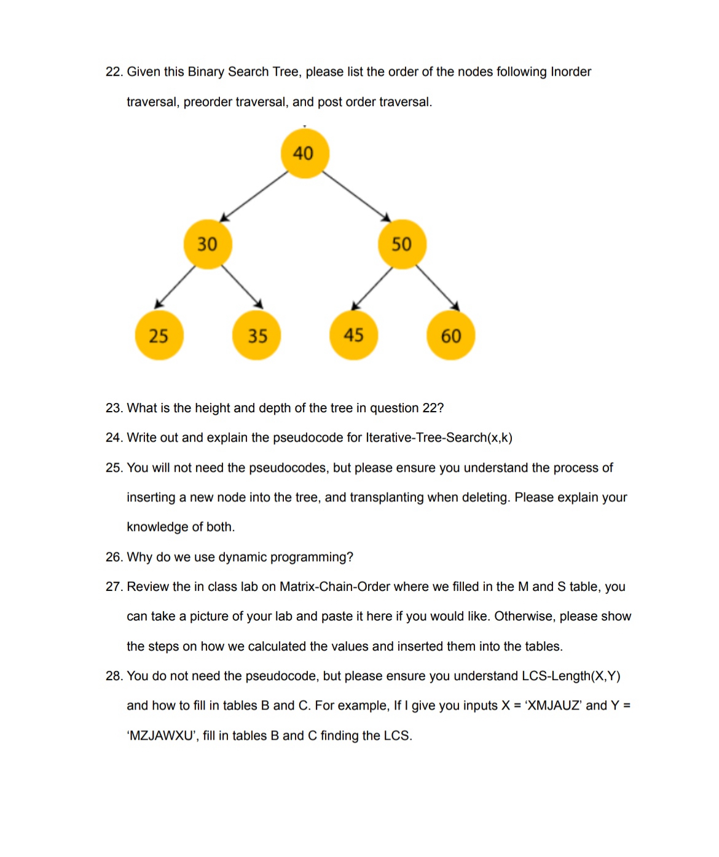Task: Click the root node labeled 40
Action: click(305, 154)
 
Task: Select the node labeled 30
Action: click(208, 245)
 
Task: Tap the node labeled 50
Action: click(402, 245)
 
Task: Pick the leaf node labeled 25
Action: click(159, 335)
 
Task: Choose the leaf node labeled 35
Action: click(257, 335)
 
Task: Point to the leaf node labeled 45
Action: click(353, 335)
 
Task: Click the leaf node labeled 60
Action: click(450, 335)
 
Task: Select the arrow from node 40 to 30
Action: click(254, 197)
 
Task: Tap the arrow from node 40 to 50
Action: click(356, 197)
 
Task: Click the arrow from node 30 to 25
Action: click(175, 286)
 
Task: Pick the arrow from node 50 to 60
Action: click(437, 288)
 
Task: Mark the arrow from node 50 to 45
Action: click(372, 289)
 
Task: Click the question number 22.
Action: click(114, 72)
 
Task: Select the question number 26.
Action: click(114, 557)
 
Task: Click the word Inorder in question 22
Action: click(570, 72)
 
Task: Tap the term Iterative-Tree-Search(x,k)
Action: click(439, 438)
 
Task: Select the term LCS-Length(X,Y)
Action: click(571, 676)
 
